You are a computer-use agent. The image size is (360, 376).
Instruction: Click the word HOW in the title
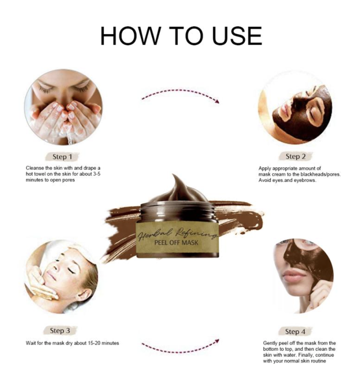pos(130,36)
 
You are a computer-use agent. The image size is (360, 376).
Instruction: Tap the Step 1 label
pos(62,157)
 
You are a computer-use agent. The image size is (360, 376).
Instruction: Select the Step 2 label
pos(296,157)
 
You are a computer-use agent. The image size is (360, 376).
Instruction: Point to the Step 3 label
pos(60,330)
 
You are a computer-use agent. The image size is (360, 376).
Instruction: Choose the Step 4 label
pos(295,332)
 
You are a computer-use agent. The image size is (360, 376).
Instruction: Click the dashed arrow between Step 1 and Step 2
pos(181,95)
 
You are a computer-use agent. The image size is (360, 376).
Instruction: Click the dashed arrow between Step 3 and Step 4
pos(181,347)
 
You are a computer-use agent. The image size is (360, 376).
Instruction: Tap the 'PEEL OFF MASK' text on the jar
pos(177,242)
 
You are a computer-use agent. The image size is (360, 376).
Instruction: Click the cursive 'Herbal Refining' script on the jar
pos(177,233)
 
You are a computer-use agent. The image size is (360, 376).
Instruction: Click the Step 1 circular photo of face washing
pos(64,107)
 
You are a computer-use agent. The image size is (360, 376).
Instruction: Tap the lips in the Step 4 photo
pos(294,275)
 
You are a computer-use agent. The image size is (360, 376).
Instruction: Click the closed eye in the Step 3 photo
pos(71,270)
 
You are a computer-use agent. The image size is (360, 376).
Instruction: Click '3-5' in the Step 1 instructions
pos(96,174)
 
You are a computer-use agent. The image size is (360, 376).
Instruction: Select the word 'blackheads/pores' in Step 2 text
pos(321,174)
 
